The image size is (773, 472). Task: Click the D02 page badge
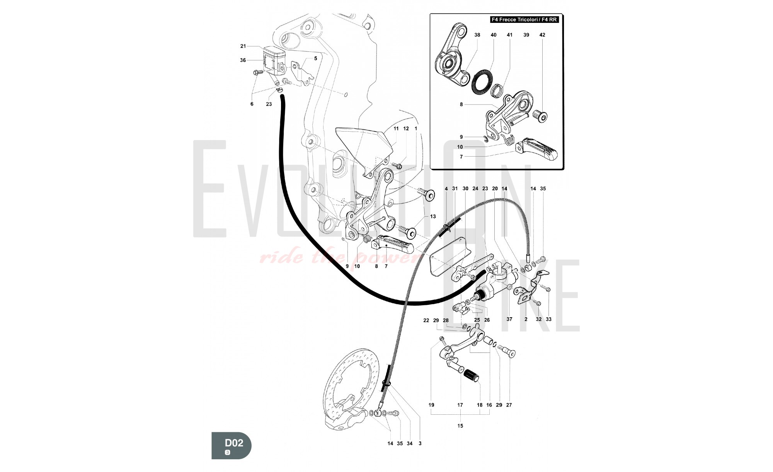232,445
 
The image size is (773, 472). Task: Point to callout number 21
243,46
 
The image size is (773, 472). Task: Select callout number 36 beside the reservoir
243,60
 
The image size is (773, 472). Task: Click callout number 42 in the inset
542,35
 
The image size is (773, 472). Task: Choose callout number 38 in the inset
477,35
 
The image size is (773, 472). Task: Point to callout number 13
432,216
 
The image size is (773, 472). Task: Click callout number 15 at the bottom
460,426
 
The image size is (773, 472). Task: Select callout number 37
509,319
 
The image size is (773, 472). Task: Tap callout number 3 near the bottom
420,443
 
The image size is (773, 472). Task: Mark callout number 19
431,405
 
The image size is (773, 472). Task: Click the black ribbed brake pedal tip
472,375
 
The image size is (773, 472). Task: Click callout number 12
405,128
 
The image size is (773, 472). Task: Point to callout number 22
426,320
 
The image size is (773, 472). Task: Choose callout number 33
548,319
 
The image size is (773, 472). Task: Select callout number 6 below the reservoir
252,104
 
